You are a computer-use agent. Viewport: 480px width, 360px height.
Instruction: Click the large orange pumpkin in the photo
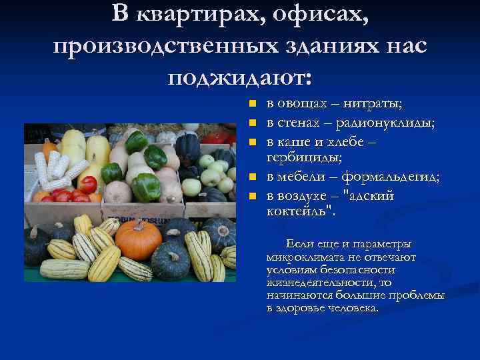(138, 240)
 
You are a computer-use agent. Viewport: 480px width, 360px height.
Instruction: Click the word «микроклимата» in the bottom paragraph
(300, 256)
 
